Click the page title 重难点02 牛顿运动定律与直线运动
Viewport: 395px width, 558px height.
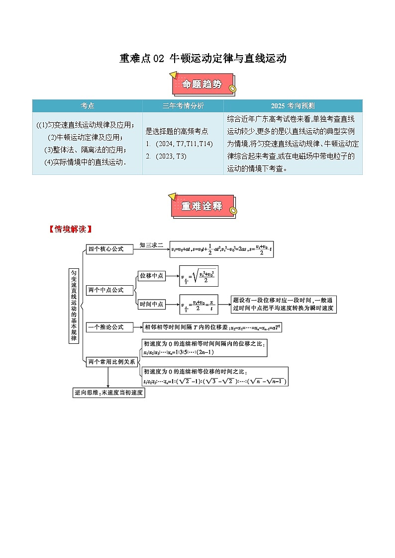coord(203,59)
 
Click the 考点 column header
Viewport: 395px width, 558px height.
coord(88,106)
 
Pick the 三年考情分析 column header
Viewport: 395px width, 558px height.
coord(183,106)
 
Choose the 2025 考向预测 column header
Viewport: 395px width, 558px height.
coord(293,106)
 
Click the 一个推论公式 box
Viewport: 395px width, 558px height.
coord(110,327)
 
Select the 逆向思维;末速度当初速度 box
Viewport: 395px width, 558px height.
coord(109,393)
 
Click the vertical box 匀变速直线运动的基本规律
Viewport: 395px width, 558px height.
coord(74,306)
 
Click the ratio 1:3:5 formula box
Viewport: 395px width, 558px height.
coord(204,348)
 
